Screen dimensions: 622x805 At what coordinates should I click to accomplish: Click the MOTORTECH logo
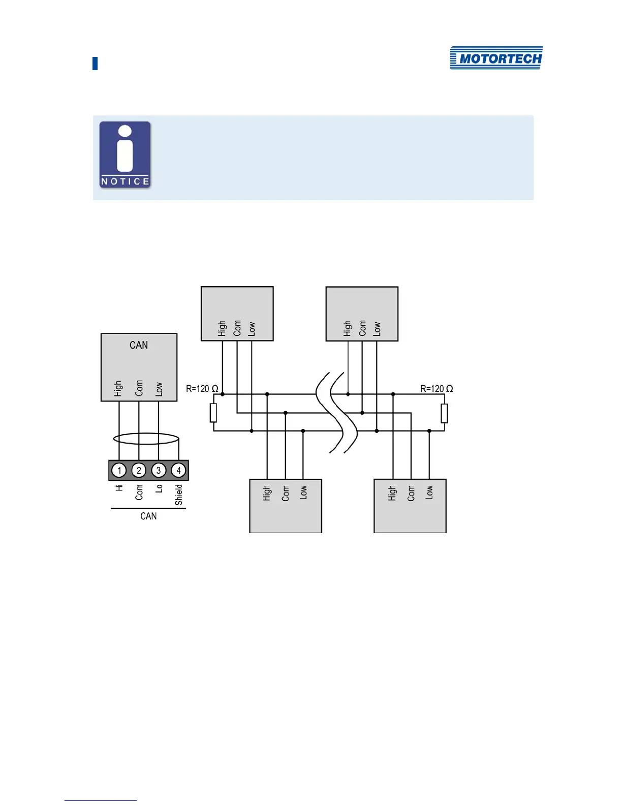click(x=496, y=58)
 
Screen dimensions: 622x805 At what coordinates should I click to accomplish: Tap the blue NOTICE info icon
click(x=125, y=154)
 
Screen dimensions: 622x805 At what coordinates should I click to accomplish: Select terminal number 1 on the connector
click(x=119, y=470)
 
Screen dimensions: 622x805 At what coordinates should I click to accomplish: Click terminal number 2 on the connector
click(x=139, y=470)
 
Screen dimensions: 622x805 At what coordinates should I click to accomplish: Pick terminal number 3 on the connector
click(x=159, y=470)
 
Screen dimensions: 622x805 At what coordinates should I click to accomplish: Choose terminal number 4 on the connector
click(x=178, y=470)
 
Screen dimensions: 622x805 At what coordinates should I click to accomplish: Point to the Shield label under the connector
click(x=179, y=495)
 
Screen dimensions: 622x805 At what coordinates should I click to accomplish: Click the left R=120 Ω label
click(x=202, y=389)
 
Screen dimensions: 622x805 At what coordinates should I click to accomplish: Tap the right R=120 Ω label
click(x=436, y=389)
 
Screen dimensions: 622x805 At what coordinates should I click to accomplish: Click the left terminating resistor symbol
click(x=213, y=413)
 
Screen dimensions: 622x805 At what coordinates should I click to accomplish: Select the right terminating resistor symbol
click(x=444, y=413)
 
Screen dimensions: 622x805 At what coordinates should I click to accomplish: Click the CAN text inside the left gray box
click(x=139, y=346)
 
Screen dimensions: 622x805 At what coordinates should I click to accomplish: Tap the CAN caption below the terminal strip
click(x=148, y=516)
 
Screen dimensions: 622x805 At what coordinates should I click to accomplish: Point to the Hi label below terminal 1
click(x=119, y=487)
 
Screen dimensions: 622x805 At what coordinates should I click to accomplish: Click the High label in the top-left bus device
click(x=222, y=328)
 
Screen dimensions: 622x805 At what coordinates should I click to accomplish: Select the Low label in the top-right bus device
click(x=377, y=328)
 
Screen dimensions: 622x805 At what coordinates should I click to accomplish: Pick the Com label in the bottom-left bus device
click(x=286, y=493)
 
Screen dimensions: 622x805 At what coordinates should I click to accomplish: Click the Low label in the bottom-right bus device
click(x=429, y=492)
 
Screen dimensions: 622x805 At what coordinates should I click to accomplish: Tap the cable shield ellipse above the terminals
click(x=146, y=439)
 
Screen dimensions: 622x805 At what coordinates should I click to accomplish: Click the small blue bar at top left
click(x=95, y=64)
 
